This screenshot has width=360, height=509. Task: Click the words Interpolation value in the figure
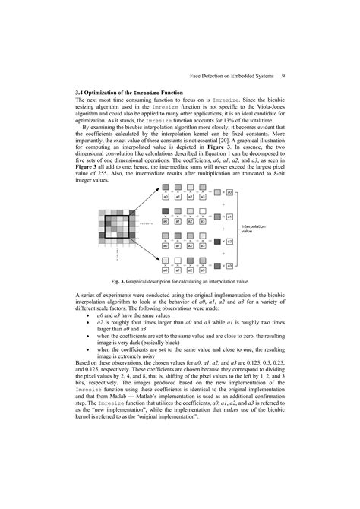[x=254, y=229]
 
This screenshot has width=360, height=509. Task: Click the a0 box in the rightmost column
[x=230, y=194]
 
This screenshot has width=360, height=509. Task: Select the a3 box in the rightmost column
[x=230, y=266]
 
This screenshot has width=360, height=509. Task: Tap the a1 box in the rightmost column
[x=230, y=217]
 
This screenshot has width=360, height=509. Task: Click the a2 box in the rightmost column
[x=230, y=242]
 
